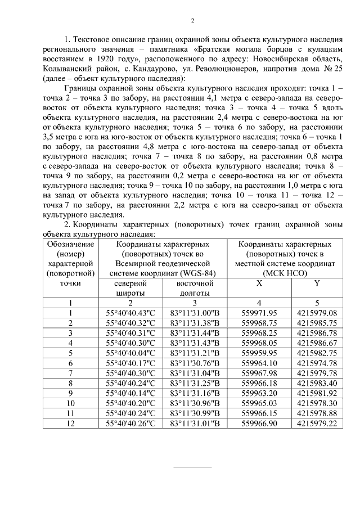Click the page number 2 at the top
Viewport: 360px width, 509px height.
(192, 21)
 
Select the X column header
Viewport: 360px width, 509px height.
(259, 283)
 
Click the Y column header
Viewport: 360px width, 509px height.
(317, 283)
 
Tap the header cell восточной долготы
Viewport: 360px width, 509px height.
(195, 289)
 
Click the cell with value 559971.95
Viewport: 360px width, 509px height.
(259, 313)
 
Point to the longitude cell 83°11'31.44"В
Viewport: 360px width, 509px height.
(195, 333)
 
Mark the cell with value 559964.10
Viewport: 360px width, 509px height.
(259, 363)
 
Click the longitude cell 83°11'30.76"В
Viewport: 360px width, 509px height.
(195, 363)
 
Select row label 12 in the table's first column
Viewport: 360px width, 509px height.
(71, 424)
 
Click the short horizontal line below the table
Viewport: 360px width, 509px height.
(192, 467)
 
